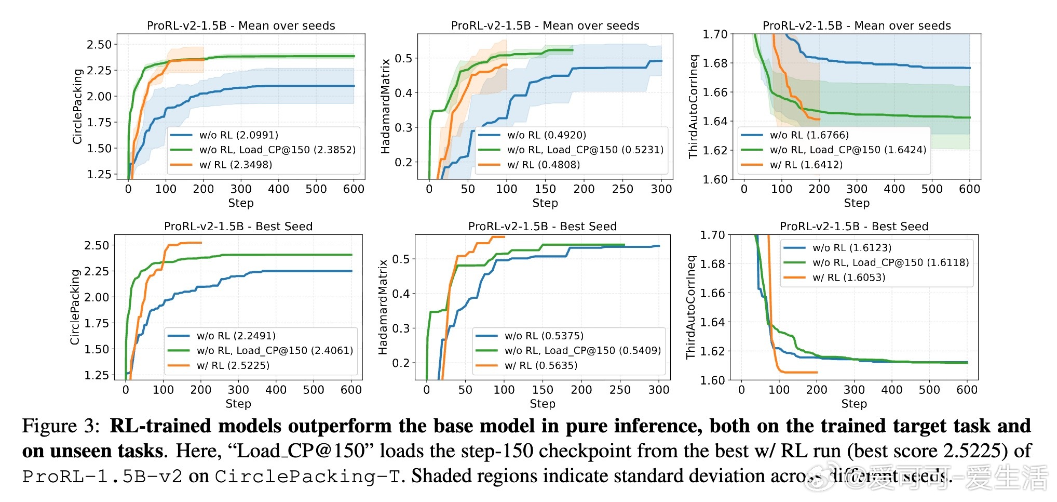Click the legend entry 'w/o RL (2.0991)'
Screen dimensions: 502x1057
[x=239, y=135]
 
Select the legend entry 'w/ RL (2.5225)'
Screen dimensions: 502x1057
[x=233, y=365]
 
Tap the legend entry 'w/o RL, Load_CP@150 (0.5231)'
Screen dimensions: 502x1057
[x=585, y=150]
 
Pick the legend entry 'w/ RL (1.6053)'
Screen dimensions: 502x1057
[x=849, y=278]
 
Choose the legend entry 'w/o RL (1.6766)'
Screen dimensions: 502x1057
[x=809, y=135]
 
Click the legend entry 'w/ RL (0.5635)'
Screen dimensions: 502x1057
[x=541, y=365]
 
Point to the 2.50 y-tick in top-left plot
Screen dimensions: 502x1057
[x=99, y=45]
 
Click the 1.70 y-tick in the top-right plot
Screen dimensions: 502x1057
[x=715, y=34]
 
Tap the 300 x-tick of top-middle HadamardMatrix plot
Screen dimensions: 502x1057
[x=661, y=189]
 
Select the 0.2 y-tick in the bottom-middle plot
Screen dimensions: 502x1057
[x=401, y=363]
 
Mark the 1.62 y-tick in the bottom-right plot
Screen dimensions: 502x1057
[x=712, y=351]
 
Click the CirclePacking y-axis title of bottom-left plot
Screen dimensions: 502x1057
[x=75, y=307]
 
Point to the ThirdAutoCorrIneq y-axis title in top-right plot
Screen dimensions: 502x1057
[x=694, y=106]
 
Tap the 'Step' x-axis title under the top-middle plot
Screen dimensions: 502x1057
[x=545, y=203]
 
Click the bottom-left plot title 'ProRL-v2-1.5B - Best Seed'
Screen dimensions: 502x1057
[x=238, y=227]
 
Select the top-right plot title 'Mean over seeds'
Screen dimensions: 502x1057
[x=857, y=26]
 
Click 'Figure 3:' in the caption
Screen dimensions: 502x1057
[x=61, y=426]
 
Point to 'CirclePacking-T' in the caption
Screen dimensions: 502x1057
[x=308, y=476]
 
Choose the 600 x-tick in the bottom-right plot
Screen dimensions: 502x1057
[x=967, y=390]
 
